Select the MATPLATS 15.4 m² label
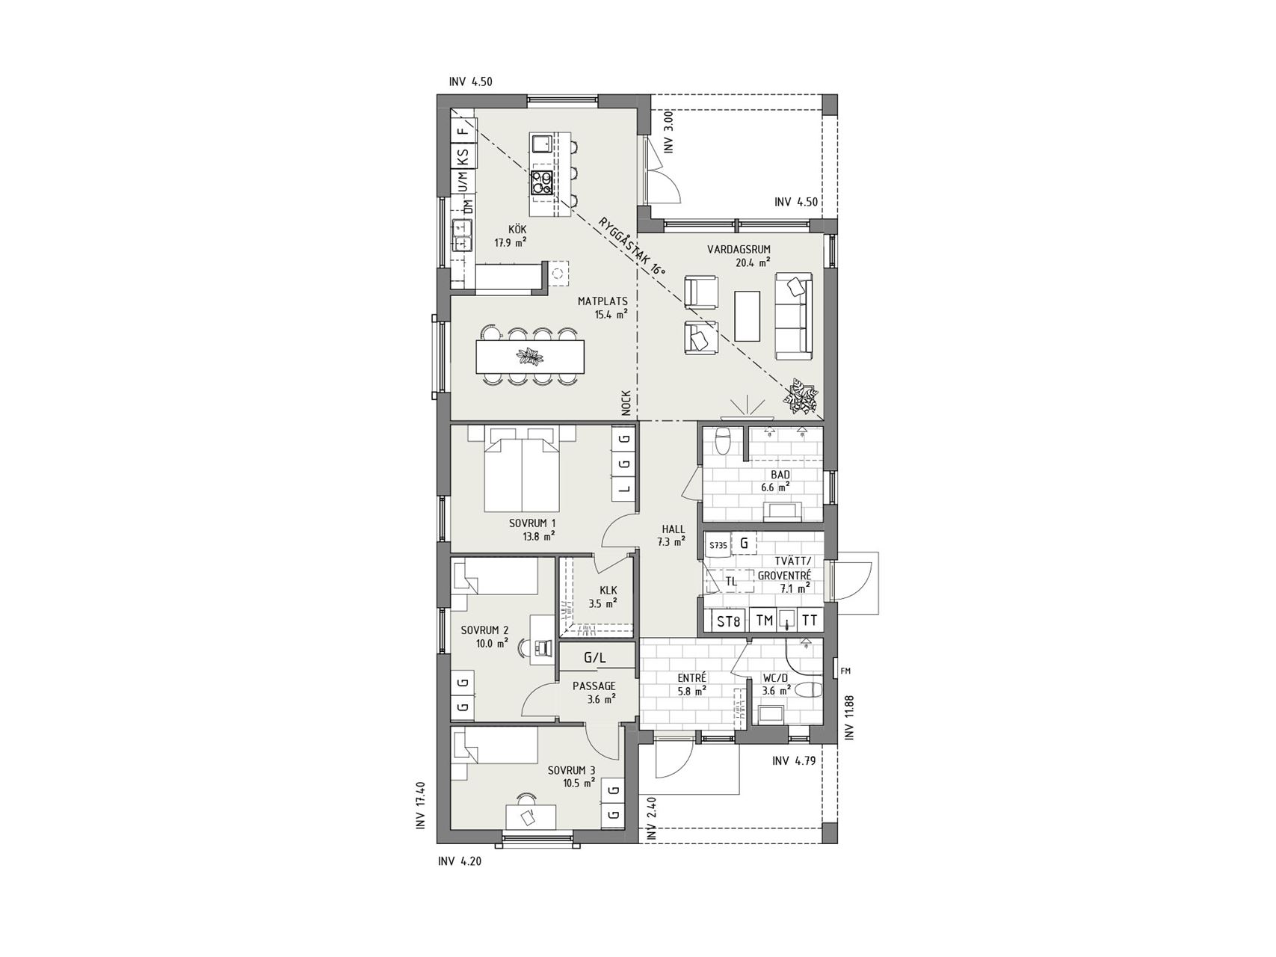tap(602, 308)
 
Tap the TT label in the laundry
tap(810, 621)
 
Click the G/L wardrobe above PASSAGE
tap(595, 659)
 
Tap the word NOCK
tap(626, 403)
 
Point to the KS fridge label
tap(463, 157)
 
